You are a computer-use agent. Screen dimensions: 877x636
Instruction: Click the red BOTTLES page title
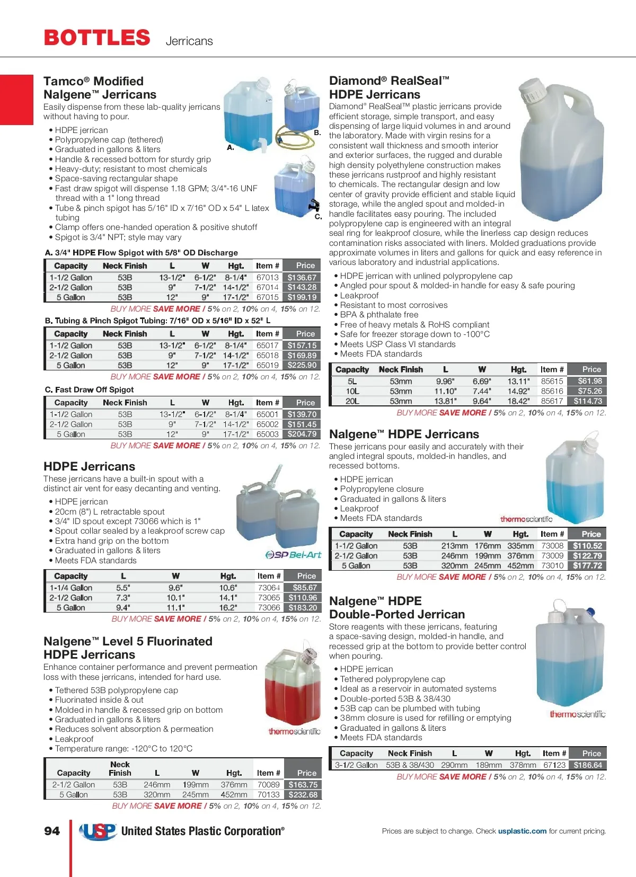pos(97,38)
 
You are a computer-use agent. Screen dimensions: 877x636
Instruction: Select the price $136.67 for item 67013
pos(302,278)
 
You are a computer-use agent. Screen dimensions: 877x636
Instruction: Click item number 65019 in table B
pos(267,365)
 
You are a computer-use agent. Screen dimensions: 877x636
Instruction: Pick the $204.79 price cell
pos(302,434)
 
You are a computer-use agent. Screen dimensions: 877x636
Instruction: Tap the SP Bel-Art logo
pos(293,555)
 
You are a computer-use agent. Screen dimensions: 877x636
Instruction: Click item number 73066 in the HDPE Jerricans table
pos(269,608)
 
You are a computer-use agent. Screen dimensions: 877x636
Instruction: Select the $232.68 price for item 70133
pos(303,795)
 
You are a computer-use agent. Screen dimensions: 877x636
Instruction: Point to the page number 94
pos(52,831)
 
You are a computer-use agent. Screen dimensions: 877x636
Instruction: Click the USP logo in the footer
pos(98,831)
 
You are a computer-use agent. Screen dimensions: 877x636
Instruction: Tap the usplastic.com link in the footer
pos(522,831)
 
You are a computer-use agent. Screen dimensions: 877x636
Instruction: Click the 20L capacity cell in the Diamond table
pos(352,401)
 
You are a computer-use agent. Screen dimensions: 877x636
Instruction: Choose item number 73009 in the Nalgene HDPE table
pos(552,556)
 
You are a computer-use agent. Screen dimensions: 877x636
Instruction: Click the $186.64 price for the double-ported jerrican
pos(588,765)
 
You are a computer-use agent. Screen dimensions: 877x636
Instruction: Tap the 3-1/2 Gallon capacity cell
pos(356,765)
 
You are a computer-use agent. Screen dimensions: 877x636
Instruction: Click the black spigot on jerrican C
pos(315,204)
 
